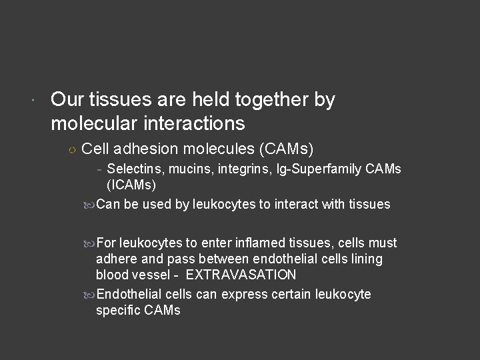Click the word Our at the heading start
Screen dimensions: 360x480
point(66,100)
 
